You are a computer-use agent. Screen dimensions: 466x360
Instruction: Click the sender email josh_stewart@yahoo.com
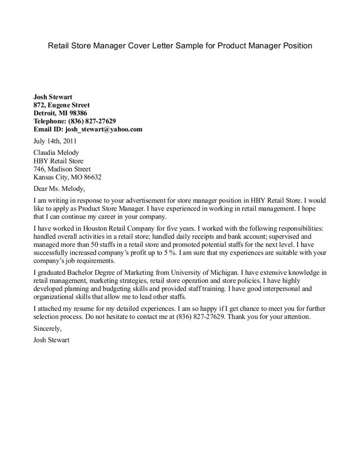point(104,129)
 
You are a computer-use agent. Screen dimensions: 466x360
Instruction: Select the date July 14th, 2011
point(55,141)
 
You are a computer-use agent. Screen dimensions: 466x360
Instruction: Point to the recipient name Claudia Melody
point(56,152)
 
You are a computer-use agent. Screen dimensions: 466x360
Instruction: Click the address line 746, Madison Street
point(62,169)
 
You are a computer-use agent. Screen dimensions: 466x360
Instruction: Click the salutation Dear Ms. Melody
point(59,188)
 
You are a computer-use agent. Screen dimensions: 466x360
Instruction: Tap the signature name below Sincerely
point(51,340)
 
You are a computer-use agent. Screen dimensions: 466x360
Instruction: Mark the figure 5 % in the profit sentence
point(169,253)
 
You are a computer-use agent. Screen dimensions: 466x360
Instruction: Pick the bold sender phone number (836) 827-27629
point(92,121)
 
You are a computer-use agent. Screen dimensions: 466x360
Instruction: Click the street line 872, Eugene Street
point(61,105)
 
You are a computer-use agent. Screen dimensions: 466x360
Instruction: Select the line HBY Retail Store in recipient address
point(58,161)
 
